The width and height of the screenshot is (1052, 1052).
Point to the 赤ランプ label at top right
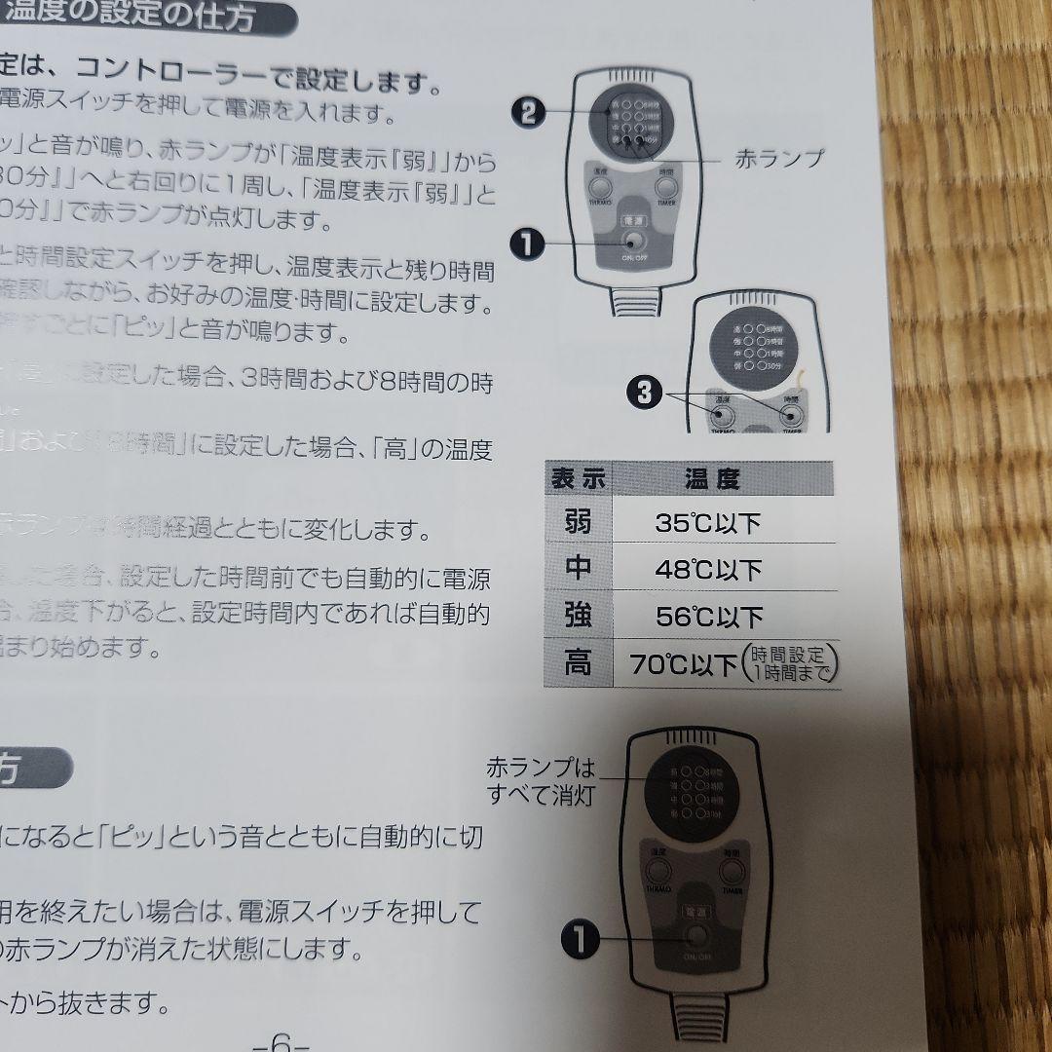coord(779,157)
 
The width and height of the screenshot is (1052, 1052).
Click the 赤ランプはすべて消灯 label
coord(541,780)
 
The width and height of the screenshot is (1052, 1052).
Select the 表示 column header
coord(579,478)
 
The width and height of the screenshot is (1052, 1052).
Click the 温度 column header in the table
coord(711,478)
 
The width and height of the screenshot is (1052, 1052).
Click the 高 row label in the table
coord(579,665)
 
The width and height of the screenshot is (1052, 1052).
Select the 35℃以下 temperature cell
coord(707,524)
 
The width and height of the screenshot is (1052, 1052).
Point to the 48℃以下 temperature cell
coord(708,570)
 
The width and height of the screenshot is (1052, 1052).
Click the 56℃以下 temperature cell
coord(708,617)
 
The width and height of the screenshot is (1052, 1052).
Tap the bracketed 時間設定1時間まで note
coord(790,664)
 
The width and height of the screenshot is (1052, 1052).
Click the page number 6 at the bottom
coord(282,1039)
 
